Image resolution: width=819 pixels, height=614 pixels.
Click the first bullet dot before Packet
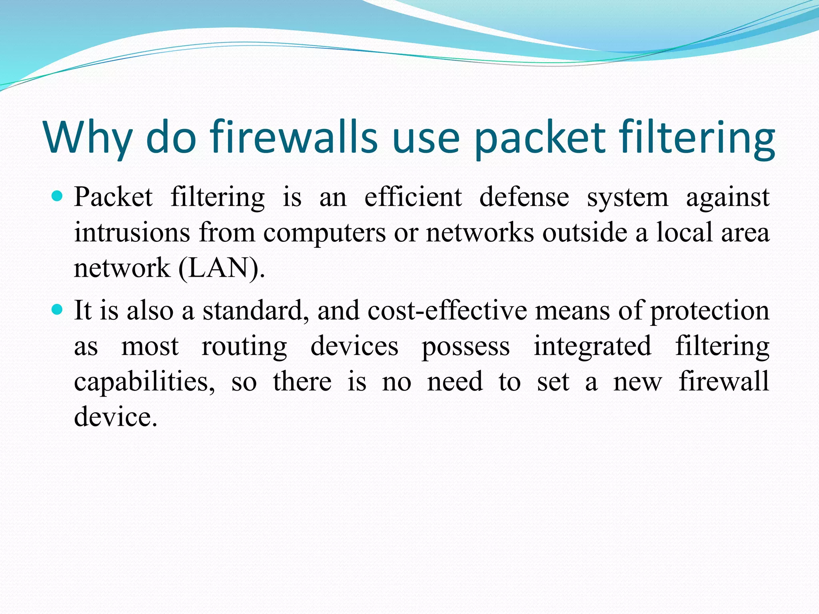(x=58, y=196)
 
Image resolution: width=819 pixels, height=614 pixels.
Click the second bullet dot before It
(x=58, y=309)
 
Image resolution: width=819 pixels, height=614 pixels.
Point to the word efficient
(x=413, y=197)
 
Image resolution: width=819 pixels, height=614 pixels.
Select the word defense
(x=524, y=197)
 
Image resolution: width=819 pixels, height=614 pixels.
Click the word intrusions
(x=132, y=232)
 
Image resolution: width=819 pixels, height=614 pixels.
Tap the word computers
(x=324, y=233)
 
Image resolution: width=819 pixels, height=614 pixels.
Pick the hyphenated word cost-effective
(x=447, y=310)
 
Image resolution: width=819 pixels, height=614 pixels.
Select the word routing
(x=244, y=346)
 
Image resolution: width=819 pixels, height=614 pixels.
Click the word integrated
(x=592, y=346)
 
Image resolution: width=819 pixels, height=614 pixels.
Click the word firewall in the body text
(x=724, y=381)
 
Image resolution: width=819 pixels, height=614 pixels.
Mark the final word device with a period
(x=116, y=417)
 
